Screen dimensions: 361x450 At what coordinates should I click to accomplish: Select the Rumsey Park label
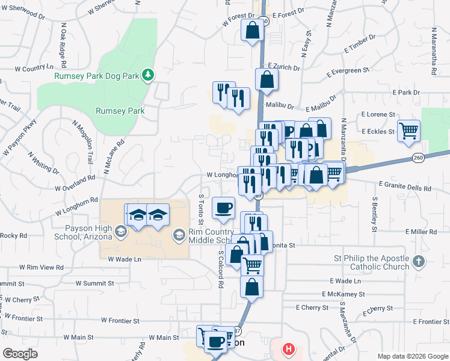(120, 111)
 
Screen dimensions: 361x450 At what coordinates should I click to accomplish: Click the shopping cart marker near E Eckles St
(408, 130)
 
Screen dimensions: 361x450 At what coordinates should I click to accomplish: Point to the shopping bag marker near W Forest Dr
(252, 29)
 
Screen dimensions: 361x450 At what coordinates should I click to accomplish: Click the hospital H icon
(289, 348)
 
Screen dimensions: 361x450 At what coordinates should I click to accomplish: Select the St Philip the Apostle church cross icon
(419, 262)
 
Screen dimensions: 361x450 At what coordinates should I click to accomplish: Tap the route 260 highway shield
(419, 157)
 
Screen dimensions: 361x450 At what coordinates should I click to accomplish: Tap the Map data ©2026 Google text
(412, 356)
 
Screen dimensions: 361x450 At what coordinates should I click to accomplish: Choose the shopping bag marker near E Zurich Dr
(265, 79)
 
